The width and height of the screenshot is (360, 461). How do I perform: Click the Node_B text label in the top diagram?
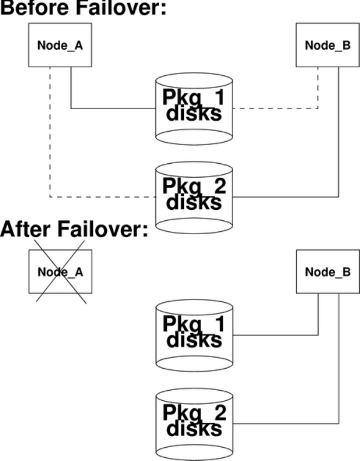click(328, 45)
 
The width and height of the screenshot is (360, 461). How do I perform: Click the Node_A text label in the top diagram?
click(60, 45)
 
